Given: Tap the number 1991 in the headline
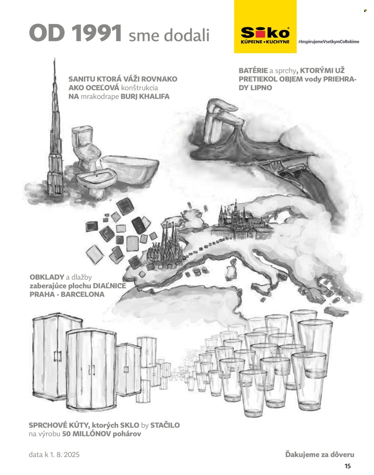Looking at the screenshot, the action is [97, 33].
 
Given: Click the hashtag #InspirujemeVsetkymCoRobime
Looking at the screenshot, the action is [329, 42].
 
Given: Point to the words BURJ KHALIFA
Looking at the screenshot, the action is [145, 96].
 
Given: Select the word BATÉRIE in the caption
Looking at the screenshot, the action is [253, 71].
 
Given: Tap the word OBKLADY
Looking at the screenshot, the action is [47, 277].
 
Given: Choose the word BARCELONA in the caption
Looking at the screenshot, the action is [83, 294].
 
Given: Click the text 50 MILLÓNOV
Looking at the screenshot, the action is [86, 434].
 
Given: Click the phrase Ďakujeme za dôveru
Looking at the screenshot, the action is [320, 455].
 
